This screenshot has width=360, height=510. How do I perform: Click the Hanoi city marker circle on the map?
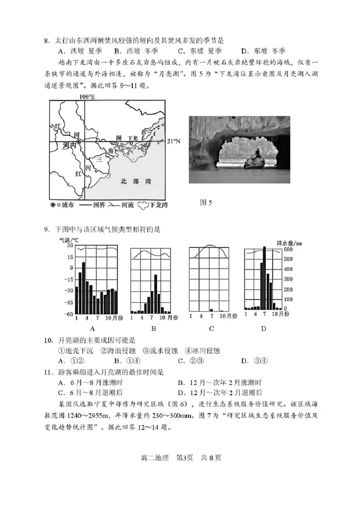point(79,142)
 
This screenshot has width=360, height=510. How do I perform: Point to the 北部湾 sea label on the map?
point(136,181)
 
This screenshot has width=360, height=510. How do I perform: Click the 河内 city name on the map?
point(68,146)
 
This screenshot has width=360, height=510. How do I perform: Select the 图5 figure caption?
point(206,203)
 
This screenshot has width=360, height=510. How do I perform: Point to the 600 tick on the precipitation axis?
point(288,249)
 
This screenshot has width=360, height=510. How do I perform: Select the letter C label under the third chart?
point(211,329)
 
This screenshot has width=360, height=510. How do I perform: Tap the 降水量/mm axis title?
point(290,243)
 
